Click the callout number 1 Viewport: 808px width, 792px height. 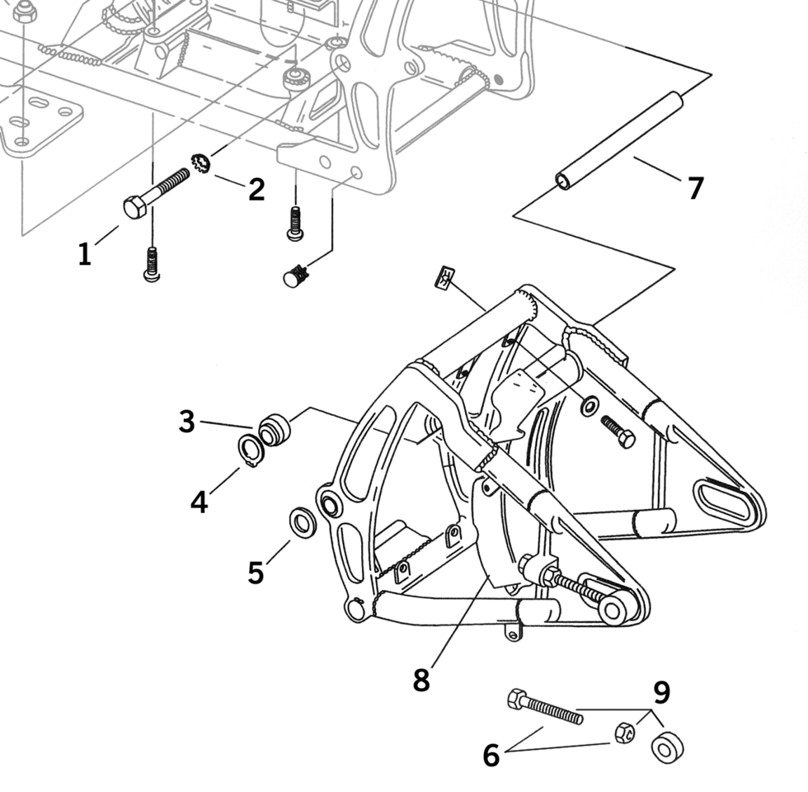[x=84, y=254]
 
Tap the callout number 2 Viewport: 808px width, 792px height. [x=256, y=189]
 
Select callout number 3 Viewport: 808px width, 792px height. [x=187, y=422]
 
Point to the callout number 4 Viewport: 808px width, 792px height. [x=199, y=501]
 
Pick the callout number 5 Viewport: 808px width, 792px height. [x=256, y=572]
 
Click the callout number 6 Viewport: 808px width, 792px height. [x=491, y=755]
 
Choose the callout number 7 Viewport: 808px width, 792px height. [x=696, y=188]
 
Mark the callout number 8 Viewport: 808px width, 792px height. [x=421, y=681]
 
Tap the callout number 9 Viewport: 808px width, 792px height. [x=661, y=693]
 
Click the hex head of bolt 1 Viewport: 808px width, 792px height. [x=135, y=207]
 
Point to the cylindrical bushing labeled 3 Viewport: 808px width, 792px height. [x=275, y=431]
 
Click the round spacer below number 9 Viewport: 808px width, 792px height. [x=666, y=747]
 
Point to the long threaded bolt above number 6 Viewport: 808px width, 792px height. [x=545, y=707]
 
